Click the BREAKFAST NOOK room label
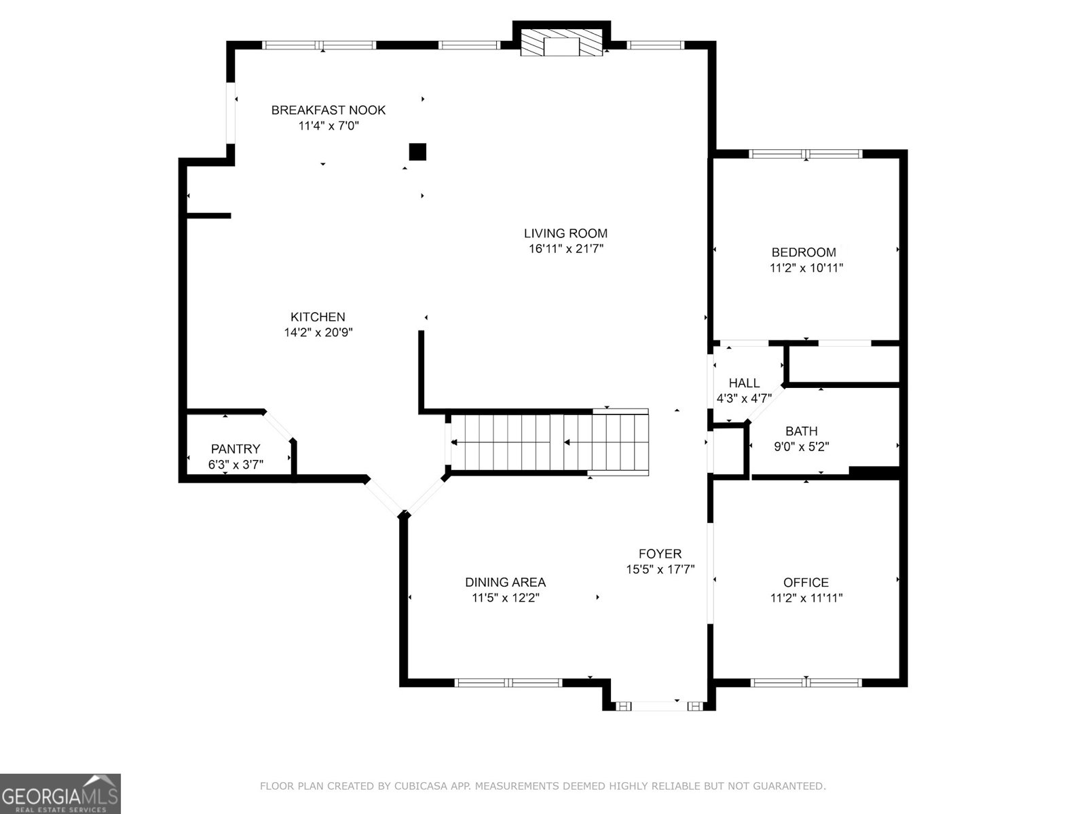[329, 110]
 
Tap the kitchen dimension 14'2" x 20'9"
[318, 332]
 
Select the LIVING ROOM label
[565, 233]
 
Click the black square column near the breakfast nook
[417, 151]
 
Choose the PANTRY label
[236, 448]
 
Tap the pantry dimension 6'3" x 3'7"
[236, 465]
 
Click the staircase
[550, 442]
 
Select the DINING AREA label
[505, 582]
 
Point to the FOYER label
[660, 554]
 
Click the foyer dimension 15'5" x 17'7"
[660, 570]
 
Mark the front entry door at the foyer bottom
[658, 706]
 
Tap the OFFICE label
[806, 582]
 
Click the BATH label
[802, 431]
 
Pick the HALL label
[744, 383]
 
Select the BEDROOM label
[804, 252]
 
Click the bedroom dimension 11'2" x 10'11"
[806, 268]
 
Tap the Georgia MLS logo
[60, 793]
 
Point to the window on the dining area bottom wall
[508, 682]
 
